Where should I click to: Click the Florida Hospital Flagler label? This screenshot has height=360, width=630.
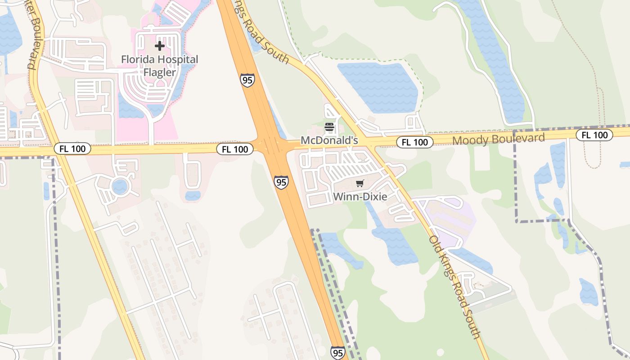pyautogui.click(x=159, y=66)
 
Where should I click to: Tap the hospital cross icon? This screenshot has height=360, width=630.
pyautogui.click(x=159, y=46)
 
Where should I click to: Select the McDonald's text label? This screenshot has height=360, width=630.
pyautogui.click(x=329, y=140)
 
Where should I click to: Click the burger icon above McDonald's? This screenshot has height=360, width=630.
pyautogui.click(x=329, y=127)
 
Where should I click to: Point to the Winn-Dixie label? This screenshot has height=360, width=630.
pyautogui.click(x=360, y=197)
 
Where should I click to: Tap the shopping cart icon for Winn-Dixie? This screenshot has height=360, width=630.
pyautogui.click(x=360, y=184)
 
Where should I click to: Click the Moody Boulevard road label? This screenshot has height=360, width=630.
pyautogui.click(x=498, y=139)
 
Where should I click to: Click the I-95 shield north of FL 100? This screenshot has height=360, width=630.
pyautogui.click(x=247, y=80)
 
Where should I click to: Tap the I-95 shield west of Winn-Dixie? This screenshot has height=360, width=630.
pyautogui.click(x=281, y=182)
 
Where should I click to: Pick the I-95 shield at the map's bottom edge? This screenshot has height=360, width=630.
pyautogui.click(x=337, y=352)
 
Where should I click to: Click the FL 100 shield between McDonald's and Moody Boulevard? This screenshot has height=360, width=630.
pyautogui.click(x=414, y=142)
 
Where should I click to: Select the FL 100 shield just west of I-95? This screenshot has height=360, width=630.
pyautogui.click(x=234, y=149)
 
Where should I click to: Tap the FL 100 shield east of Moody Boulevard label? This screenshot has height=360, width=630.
pyautogui.click(x=594, y=135)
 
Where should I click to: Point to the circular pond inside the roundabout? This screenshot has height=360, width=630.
pyautogui.click(x=120, y=186)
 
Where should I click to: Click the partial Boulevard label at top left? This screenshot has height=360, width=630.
pyautogui.click(x=31, y=36)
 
